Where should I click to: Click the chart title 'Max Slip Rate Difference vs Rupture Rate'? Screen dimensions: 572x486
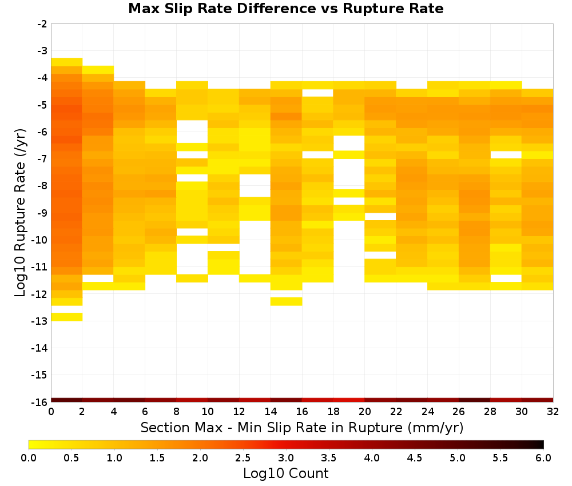click(x=285, y=9)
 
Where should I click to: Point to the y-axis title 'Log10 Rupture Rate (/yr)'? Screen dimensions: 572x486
click(x=21, y=213)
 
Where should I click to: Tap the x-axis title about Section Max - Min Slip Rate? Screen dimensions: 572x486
click(x=302, y=427)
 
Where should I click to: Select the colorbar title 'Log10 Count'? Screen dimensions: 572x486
click(x=285, y=473)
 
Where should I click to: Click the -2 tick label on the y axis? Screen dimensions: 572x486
click(x=42, y=24)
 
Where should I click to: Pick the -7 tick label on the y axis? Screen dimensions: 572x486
click(x=42, y=159)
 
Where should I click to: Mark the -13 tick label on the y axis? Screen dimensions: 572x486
click(x=40, y=321)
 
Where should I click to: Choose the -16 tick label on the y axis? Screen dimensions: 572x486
click(x=40, y=402)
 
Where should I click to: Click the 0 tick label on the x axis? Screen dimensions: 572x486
click(x=51, y=412)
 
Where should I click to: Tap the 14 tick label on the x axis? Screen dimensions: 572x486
click(x=271, y=412)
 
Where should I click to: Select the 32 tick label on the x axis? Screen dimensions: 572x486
click(x=553, y=412)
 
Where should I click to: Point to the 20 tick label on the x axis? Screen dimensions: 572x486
click(x=365, y=412)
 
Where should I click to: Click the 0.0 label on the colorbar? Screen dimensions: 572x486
click(x=29, y=458)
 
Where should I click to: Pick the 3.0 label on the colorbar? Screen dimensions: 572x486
click(x=286, y=458)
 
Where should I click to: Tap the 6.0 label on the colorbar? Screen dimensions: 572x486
click(x=543, y=458)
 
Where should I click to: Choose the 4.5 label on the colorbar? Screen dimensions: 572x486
click(x=415, y=458)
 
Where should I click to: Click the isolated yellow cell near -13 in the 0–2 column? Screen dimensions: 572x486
click(x=67, y=317)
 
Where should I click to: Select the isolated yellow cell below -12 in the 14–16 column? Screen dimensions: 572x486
click(x=287, y=301)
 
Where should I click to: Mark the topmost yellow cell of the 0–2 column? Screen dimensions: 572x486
click(x=67, y=62)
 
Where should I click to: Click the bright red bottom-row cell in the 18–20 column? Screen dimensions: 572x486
click(x=349, y=400)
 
